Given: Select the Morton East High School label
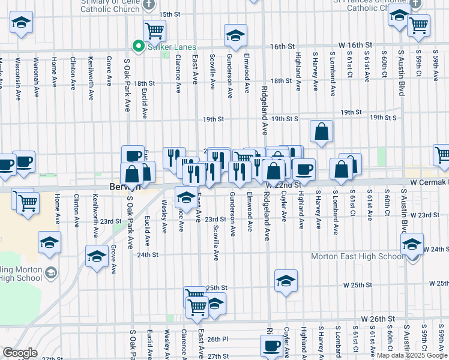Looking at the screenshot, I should click(x=357, y=257).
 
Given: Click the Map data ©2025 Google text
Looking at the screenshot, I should click(x=412, y=355).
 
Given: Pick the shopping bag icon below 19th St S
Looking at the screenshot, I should click(x=322, y=131).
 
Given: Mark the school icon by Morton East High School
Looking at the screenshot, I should click(x=412, y=245).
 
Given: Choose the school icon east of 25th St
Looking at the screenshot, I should click(x=286, y=280).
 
